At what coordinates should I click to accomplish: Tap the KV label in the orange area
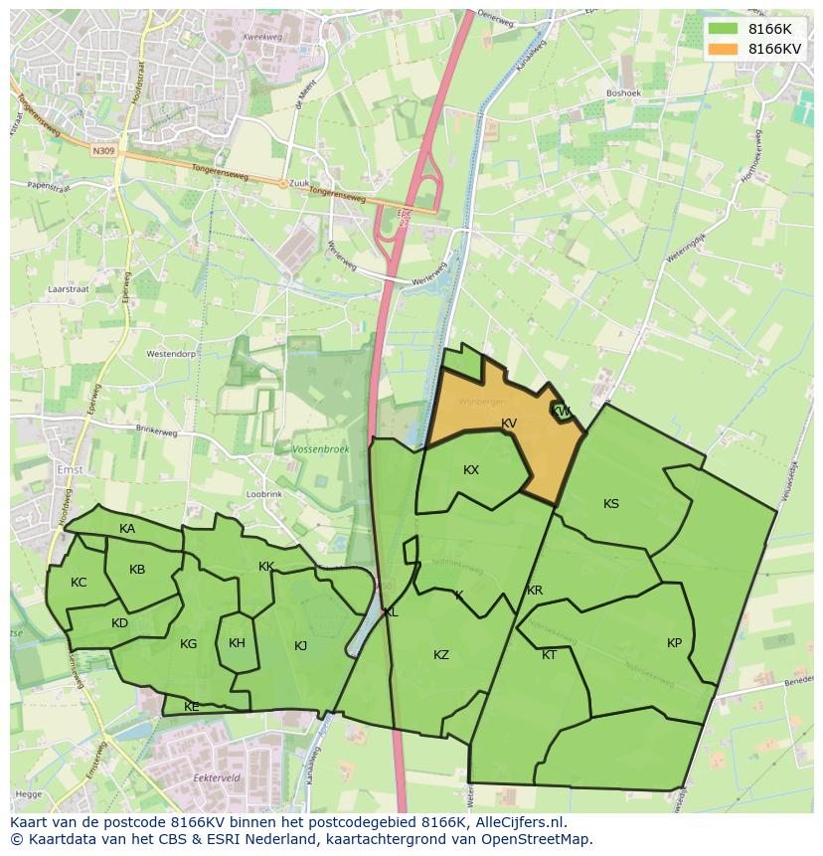click(509, 424)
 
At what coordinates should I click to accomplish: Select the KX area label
click(471, 470)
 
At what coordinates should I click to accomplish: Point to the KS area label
click(611, 504)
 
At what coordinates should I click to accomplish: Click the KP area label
click(675, 643)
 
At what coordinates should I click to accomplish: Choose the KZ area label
click(441, 655)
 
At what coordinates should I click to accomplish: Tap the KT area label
click(550, 655)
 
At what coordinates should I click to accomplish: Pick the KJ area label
click(301, 646)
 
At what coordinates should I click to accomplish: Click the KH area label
click(237, 643)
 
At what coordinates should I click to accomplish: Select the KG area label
click(189, 644)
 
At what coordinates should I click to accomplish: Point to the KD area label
click(119, 624)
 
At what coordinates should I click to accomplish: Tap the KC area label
click(79, 583)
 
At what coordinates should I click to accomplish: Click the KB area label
click(137, 570)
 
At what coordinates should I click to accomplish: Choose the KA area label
click(127, 529)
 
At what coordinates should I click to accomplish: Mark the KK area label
click(266, 567)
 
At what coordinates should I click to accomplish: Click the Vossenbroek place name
click(321, 450)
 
